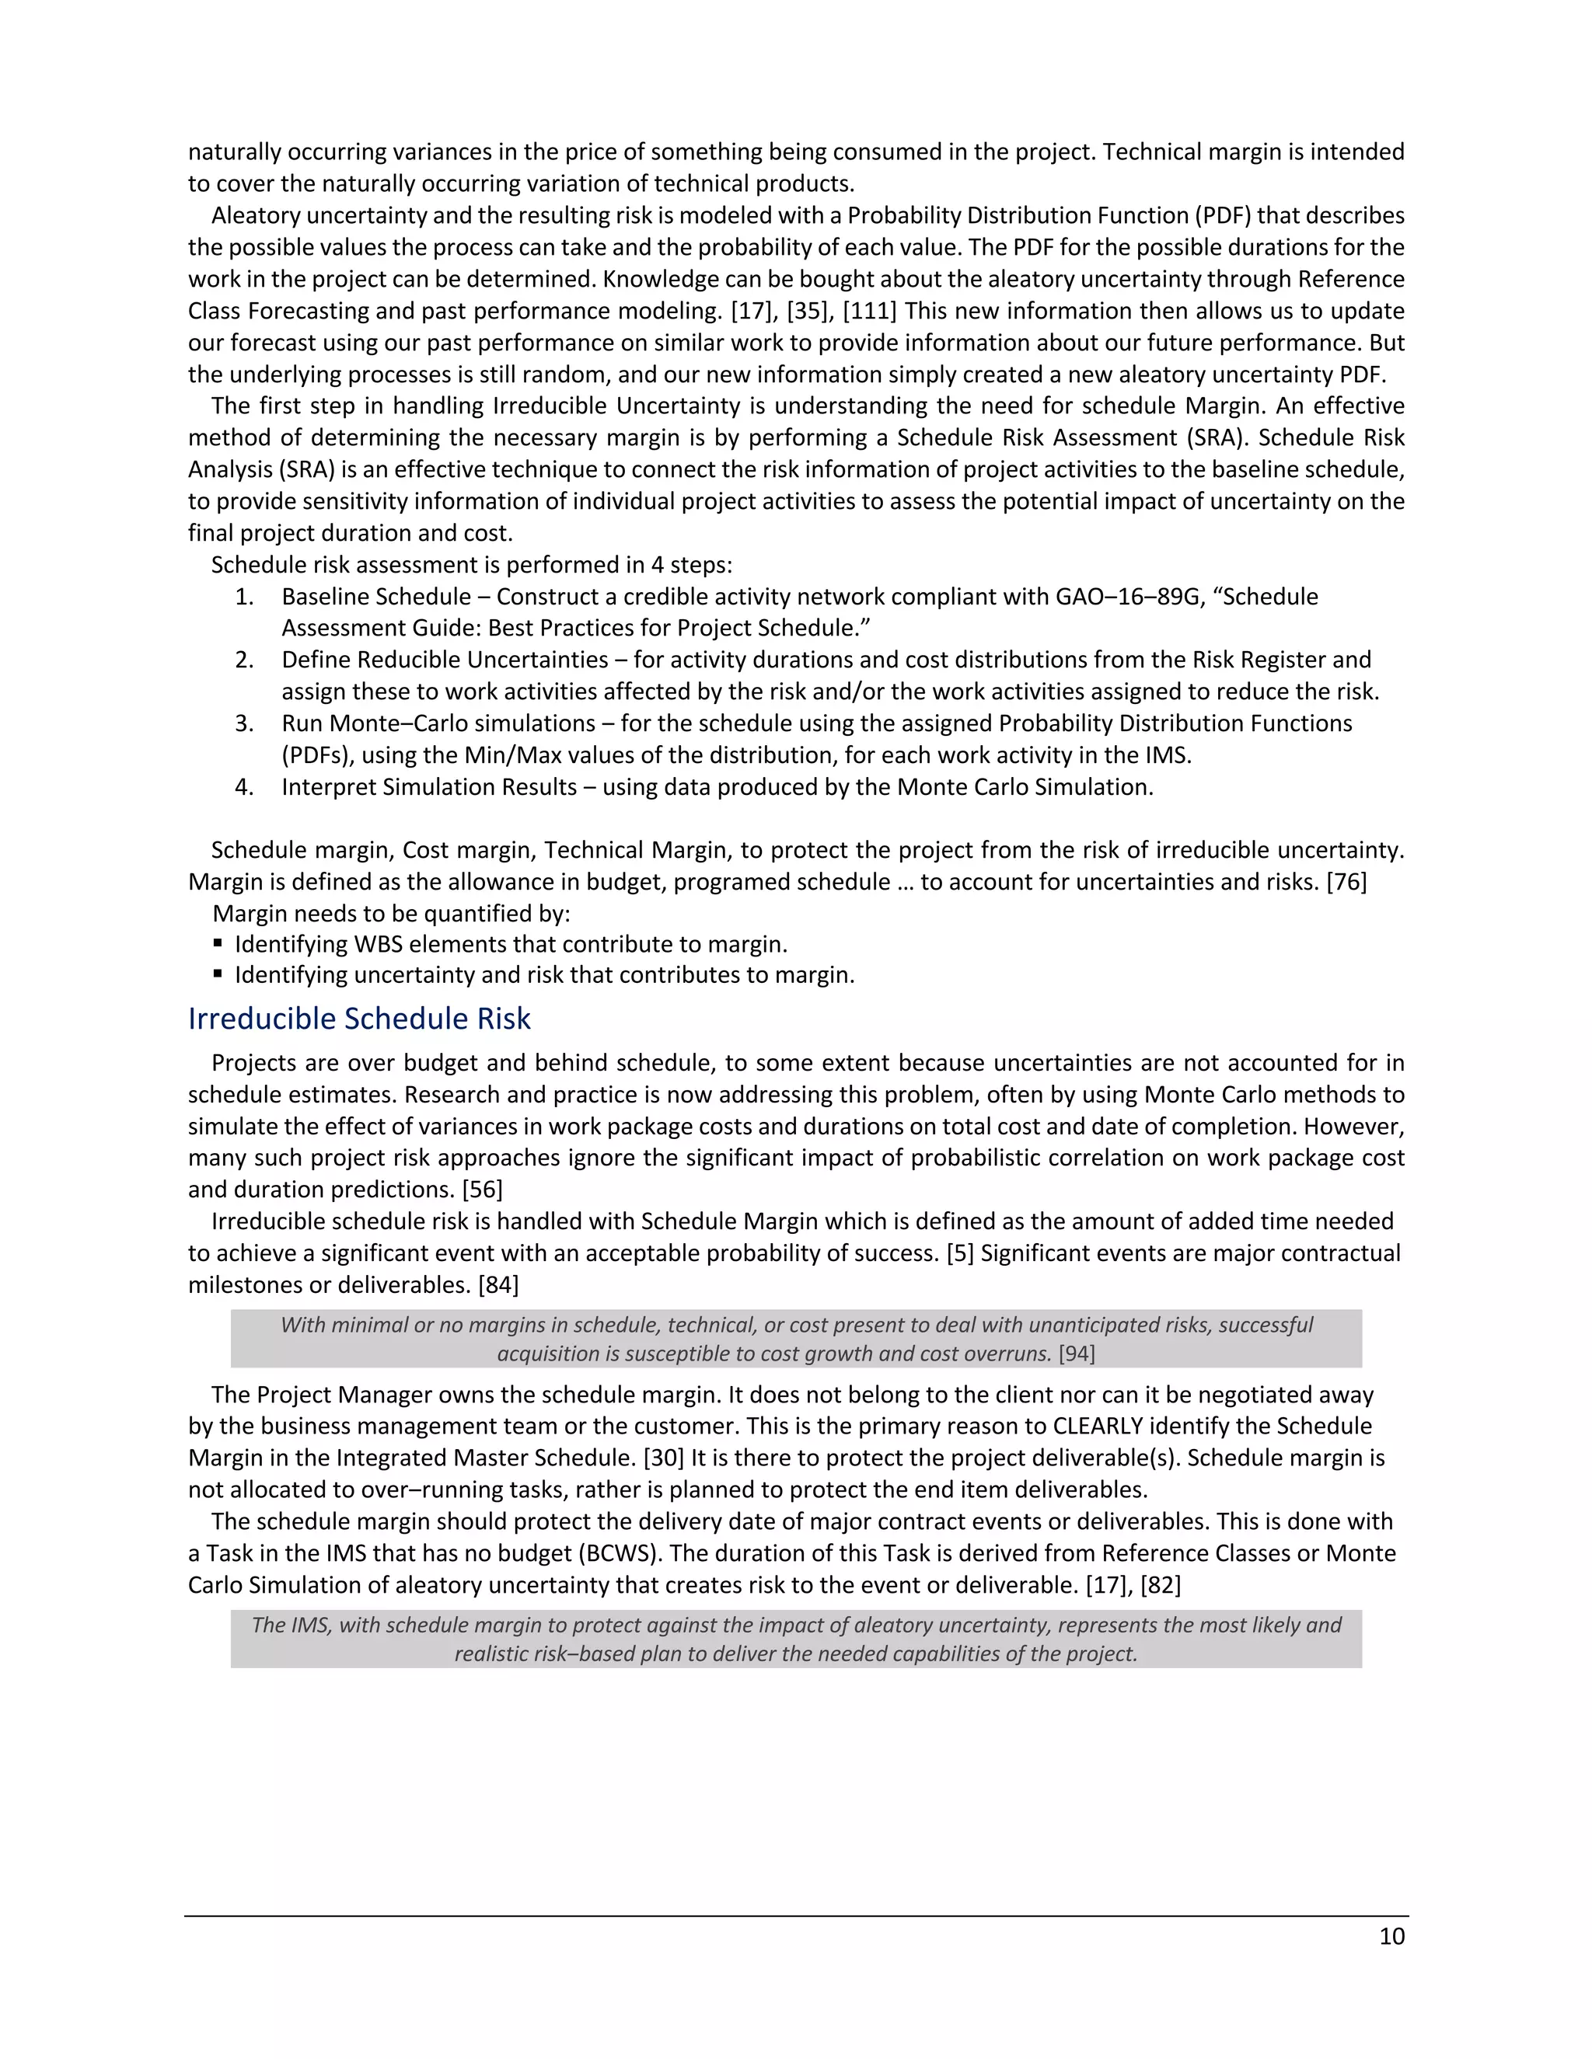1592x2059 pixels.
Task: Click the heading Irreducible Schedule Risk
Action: coord(359,1019)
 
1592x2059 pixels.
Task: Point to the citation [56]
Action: coord(482,1190)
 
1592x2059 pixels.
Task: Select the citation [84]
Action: coord(498,1285)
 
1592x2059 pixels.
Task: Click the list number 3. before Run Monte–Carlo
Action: coord(244,724)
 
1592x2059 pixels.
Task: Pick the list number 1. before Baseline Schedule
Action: coord(244,597)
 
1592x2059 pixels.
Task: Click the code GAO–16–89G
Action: coord(1127,597)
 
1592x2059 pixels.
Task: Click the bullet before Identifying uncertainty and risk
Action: coord(218,974)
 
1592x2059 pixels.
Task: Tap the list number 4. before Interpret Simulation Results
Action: coord(244,787)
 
